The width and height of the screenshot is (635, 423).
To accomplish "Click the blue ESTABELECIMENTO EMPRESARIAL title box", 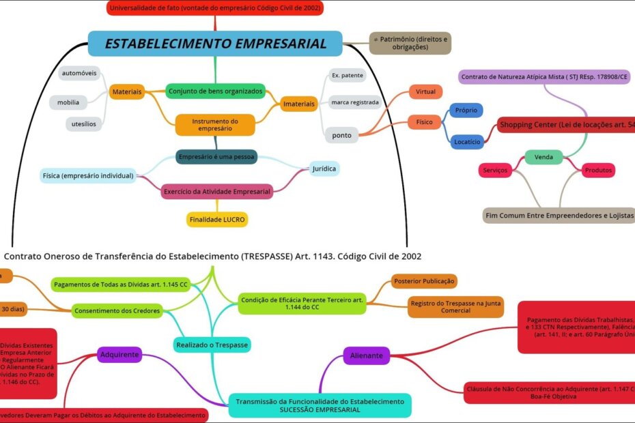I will point(215,44).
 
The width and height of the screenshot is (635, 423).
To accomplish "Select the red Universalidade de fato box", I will point(215,8).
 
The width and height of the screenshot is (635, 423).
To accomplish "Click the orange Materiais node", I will point(127,91).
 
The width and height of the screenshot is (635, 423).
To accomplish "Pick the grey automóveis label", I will point(79,73).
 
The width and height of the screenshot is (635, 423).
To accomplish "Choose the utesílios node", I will point(84,124).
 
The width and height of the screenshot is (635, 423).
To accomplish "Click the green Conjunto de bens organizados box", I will point(215,91).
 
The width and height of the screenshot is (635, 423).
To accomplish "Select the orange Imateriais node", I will point(299,104).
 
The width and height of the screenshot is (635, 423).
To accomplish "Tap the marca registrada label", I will point(354,103).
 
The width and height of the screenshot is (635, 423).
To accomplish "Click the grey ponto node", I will point(342,135).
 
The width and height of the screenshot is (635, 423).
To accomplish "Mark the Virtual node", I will point(425,91).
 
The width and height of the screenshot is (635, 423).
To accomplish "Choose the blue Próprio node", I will point(466,111).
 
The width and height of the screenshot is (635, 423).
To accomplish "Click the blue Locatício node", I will point(467,142).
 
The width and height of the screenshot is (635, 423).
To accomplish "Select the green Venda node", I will point(544,158).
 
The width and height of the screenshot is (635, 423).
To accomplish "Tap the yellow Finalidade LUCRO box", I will point(216,220).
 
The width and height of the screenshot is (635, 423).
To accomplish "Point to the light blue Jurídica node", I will point(324,169).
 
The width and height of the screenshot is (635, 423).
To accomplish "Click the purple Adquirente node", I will point(120,355).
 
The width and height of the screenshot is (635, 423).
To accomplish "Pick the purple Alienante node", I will point(366,355).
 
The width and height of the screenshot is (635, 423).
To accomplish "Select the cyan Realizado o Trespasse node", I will point(212,345).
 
